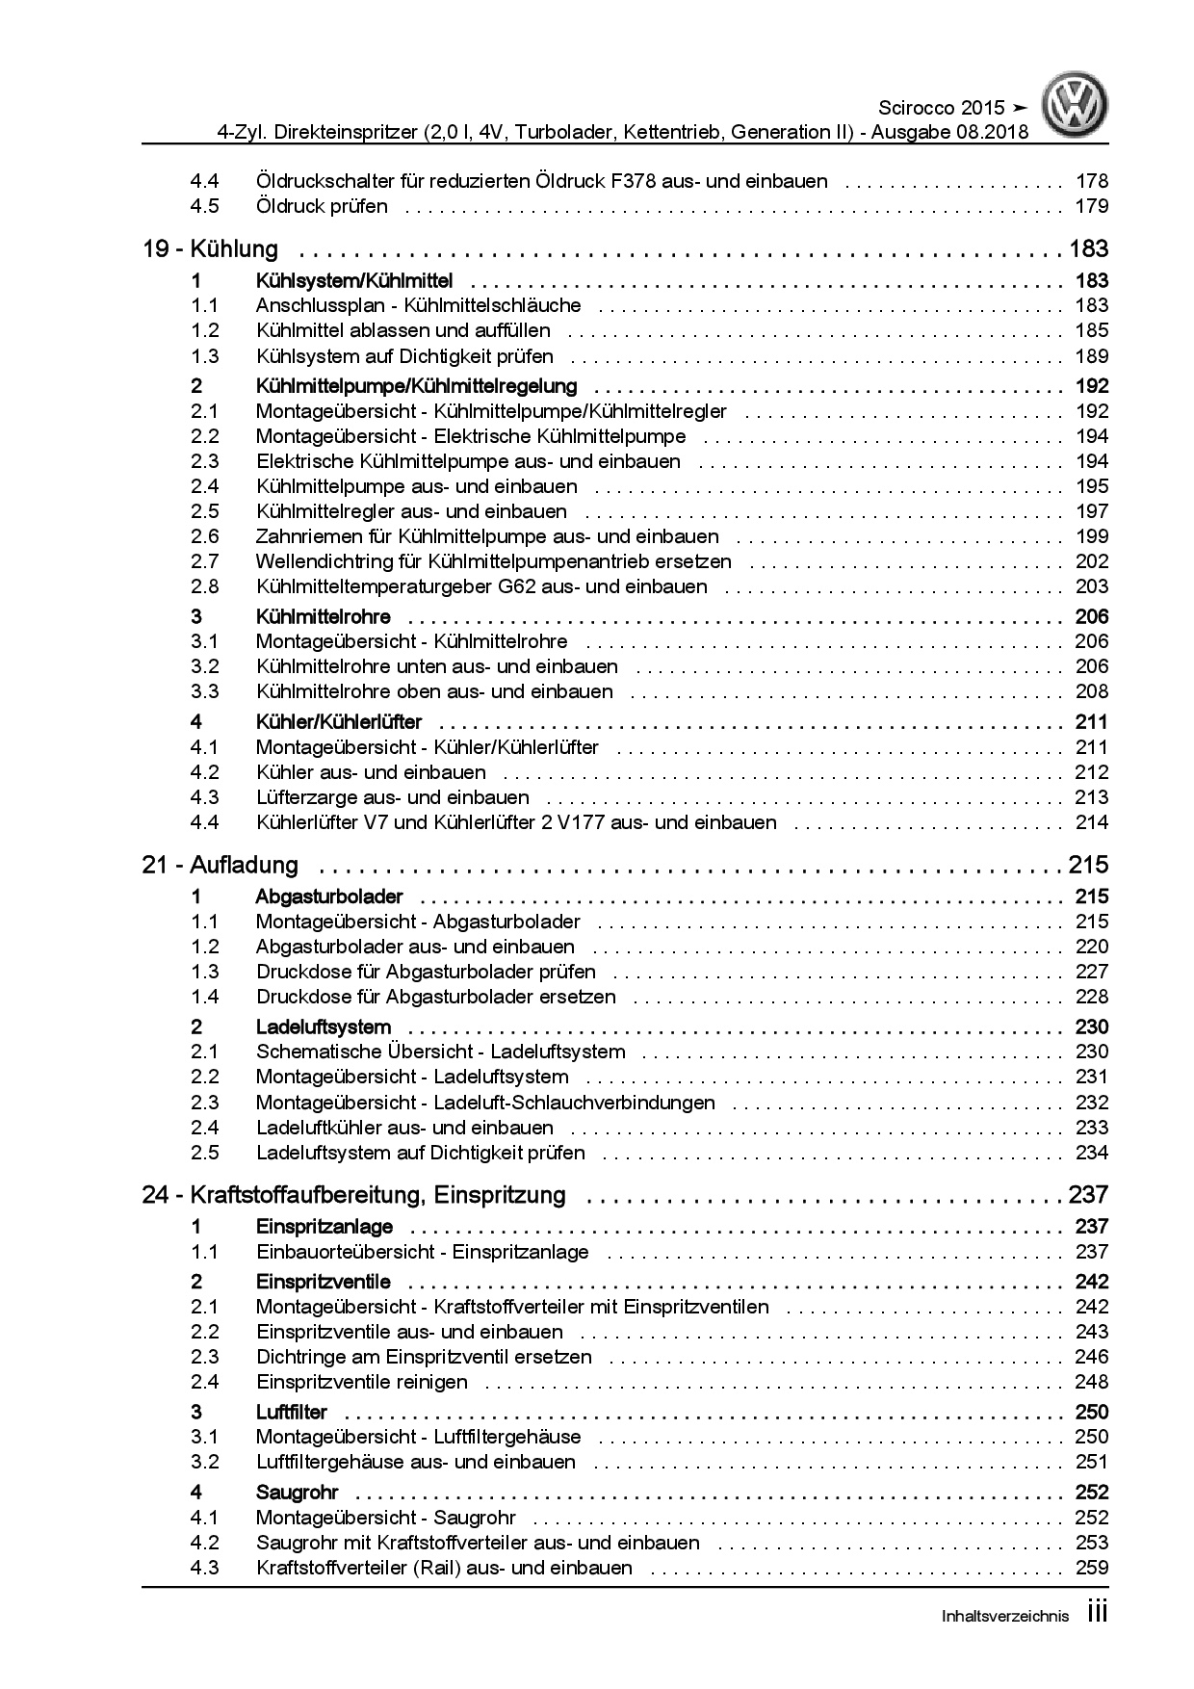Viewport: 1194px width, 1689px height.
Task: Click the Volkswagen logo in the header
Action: point(1078,105)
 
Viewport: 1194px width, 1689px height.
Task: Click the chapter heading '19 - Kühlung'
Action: point(210,249)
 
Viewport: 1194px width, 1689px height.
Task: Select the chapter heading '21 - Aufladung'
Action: point(220,865)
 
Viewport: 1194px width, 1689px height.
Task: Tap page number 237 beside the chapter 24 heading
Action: point(1088,1195)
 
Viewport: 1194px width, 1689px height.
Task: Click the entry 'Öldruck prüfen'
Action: point(322,206)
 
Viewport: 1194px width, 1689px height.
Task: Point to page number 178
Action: point(1091,181)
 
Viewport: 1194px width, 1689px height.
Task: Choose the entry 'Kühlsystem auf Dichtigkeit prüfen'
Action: point(404,356)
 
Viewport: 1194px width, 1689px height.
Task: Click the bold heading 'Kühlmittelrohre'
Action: point(323,616)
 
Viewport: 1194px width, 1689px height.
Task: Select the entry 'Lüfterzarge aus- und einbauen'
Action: point(392,797)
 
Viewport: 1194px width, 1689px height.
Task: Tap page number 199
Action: point(1091,536)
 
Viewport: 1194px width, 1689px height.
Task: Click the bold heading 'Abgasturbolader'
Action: point(328,896)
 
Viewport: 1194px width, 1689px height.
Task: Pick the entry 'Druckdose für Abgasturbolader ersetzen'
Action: point(435,997)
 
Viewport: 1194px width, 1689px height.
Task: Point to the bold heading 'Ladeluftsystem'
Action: point(323,1026)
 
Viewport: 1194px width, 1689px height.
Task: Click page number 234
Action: point(1091,1153)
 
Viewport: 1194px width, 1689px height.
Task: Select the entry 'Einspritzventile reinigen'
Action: point(361,1382)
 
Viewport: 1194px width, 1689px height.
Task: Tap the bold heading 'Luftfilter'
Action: point(291,1412)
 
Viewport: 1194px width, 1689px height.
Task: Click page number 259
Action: point(1091,1568)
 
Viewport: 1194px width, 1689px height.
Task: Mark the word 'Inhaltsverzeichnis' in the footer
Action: point(1004,1617)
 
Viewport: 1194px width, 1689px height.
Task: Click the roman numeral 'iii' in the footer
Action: point(1097,1613)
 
